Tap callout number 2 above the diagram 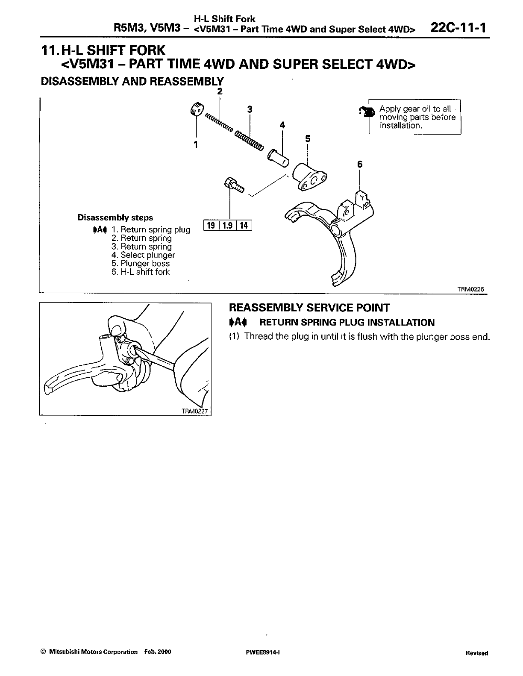coord(220,91)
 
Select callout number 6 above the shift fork coord(360,164)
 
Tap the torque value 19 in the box coord(211,225)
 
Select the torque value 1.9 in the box coord(227,225)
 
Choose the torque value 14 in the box coord(244,225)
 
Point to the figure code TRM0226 coord(470,289)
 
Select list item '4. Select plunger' coord(143,255)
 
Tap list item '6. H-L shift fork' coord(141,272)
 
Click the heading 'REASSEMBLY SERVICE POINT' coord(309,308)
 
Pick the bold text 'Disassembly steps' coord(115,217)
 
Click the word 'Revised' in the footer coord(477,653)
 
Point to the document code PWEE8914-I coord(260,652)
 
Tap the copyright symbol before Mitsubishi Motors coord(43,652)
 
